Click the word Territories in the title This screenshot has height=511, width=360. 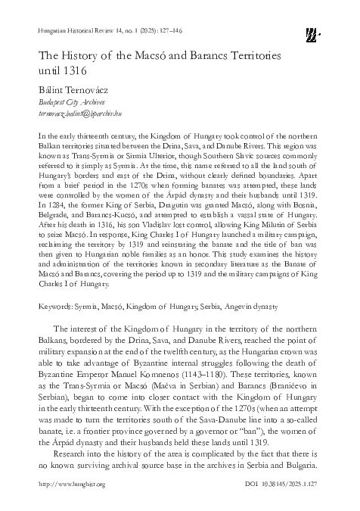click(247, 56)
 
